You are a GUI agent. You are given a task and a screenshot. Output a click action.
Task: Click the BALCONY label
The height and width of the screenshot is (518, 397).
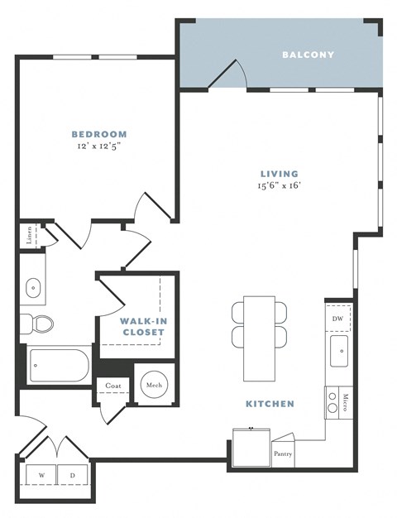coord(308,55)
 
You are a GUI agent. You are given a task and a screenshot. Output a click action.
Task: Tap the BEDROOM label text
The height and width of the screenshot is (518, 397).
coord(98,134)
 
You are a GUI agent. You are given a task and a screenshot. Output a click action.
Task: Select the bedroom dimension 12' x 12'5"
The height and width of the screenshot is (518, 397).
coord(98,146)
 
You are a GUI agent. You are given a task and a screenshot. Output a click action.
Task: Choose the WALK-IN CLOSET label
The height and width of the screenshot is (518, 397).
coord(142,326)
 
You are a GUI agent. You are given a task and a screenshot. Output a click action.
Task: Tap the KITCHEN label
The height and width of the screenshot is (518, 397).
coord(270,404)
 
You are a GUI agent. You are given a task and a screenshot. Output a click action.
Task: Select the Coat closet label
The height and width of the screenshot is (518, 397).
coord(112,386)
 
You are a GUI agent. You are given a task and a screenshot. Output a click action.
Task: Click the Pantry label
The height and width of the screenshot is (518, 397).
coord(282,453)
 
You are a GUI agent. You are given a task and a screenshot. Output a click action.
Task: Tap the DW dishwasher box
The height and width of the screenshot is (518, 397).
coord(337,318)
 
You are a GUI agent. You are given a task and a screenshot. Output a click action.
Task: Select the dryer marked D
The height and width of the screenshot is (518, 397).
coord(72,475)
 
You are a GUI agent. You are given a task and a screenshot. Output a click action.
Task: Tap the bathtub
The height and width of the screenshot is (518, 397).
coord(58,365)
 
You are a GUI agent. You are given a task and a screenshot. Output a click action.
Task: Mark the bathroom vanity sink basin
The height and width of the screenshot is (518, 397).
coord(33,288)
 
